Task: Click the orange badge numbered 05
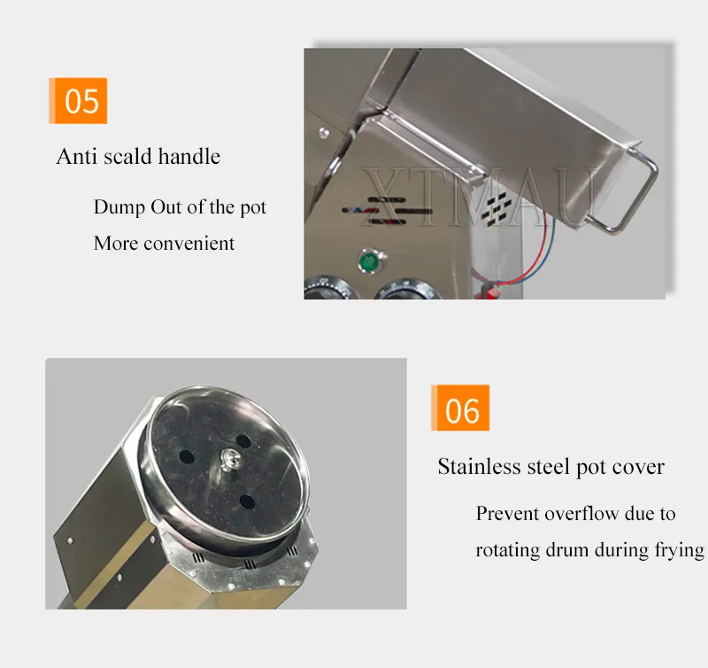click(x=78, y=100)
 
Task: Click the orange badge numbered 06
click(x=460, y=408)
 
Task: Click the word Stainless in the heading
click(x=479, y=466)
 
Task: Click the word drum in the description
click(x=567, y=550)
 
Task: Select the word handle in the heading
click(x=189, y=157)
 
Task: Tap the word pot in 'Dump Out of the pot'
click(x=253, y=208)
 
